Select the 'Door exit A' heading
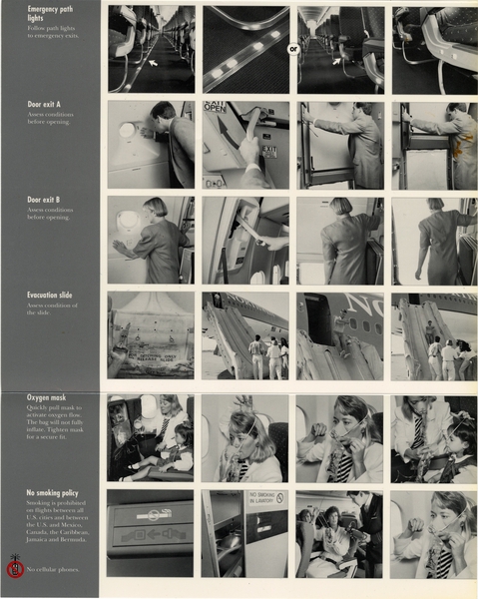point(44,104)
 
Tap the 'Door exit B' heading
point(44,200)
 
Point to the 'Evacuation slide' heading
point(51,296)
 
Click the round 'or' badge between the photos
point(293,48)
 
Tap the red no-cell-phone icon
point(15,570)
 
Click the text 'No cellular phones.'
point(55,570)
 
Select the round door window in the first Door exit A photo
point(128,130)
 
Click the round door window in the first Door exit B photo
point(128,220)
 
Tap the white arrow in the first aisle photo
point(152,65)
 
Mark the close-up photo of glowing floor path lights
point(245,50)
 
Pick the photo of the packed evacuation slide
point(151,334)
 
